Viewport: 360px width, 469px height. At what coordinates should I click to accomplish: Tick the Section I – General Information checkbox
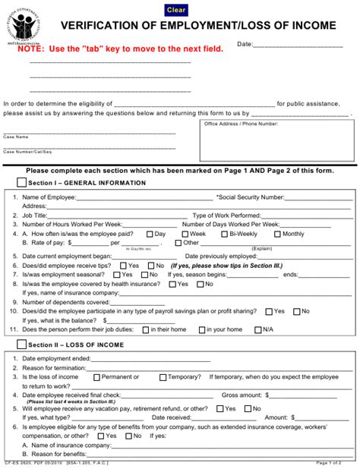[x=21, y=183]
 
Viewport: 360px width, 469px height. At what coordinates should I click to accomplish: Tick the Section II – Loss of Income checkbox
[x=21, y=344]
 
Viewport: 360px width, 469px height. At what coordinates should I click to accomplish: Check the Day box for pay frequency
[x=149, y=234]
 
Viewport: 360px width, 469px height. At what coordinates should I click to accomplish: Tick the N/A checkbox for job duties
[x=257, y=329]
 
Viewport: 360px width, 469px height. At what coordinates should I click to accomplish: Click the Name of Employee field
[x=145, y=197]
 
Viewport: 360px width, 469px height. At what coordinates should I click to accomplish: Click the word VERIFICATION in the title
[x=103, y=26]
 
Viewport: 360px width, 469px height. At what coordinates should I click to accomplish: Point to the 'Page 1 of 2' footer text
[x=327, y=462]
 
